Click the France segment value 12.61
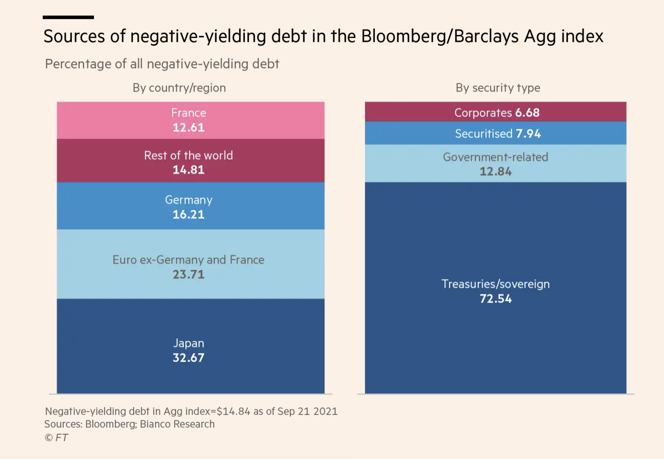tap(188, 127)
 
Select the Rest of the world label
tap(188, 155)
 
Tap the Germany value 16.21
tap(188, 215)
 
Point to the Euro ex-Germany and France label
tap(188, 260)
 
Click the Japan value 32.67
tap(188, 358)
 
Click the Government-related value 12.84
tap(496, 171)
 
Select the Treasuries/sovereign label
tap(496, 284)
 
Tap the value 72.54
tap(496, 299)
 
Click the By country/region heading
tap(179, 88)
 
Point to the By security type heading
tap(498, 88)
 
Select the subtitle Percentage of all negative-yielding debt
tap(162, 64)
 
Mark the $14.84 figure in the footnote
tap(233, 411)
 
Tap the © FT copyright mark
tap(56, 437)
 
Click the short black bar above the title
tap(68, 18)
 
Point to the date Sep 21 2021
tap(308, 411)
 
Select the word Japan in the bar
tap(188, 343)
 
